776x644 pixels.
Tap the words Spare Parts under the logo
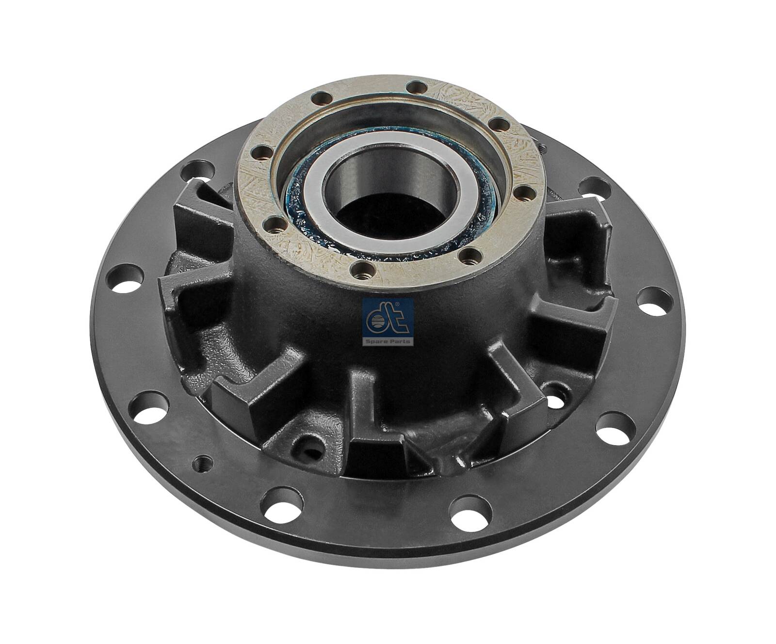tap(388, 341)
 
